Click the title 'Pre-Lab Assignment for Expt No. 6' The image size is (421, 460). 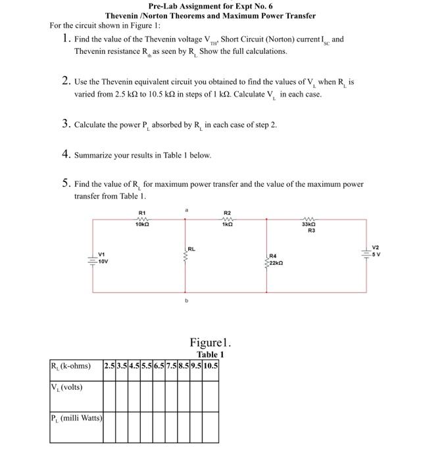(x=210, y=6)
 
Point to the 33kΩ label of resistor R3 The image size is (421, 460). (x=307, y=225)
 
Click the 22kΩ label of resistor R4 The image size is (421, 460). (x=278, y=261)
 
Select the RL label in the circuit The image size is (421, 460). (x=191, y=249)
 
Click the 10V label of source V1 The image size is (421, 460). (x=103, y=261)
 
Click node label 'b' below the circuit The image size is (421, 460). (x=186, y=302)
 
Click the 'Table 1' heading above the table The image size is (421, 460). (x=210, y=355)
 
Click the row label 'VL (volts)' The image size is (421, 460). (x=67, y=387)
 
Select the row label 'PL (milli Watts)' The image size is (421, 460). (x=76, y=418)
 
